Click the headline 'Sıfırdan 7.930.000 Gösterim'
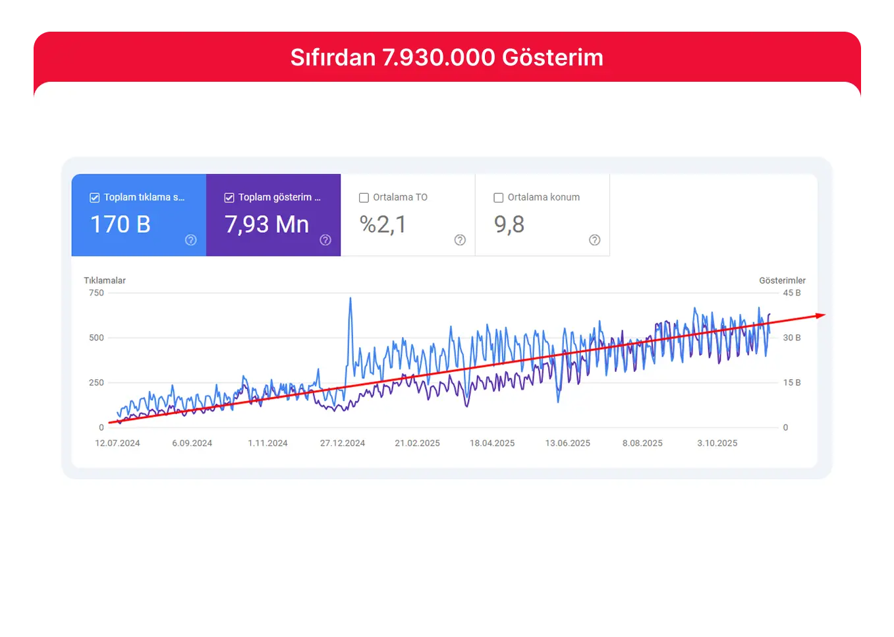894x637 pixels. click(447, 58)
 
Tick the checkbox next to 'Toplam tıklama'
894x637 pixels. click(95, 198)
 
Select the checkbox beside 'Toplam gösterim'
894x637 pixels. click(229, 198)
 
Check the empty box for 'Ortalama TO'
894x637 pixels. click(364, 198)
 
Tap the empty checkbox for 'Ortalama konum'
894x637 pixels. click(499, 198)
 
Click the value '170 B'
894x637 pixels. click(121, 225)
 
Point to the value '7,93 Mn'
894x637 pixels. click(267, 225)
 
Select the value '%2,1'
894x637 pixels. click(383, 225)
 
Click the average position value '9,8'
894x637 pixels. click(509, 225)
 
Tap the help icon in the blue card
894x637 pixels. click(191, 240)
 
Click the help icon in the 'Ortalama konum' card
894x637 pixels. click(594, 240)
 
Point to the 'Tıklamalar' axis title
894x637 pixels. click(105, 280)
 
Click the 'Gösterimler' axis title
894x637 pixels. click(782, 280)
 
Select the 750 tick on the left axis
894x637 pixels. click(96, 293)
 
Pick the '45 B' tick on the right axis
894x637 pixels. click(792, 293)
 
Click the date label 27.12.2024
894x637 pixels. click(343, 443)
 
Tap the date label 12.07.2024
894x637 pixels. click(117, 443)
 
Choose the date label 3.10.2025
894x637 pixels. click(717, 443)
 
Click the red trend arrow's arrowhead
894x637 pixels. click(820, 315)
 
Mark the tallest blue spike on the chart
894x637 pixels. click(350, 299)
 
